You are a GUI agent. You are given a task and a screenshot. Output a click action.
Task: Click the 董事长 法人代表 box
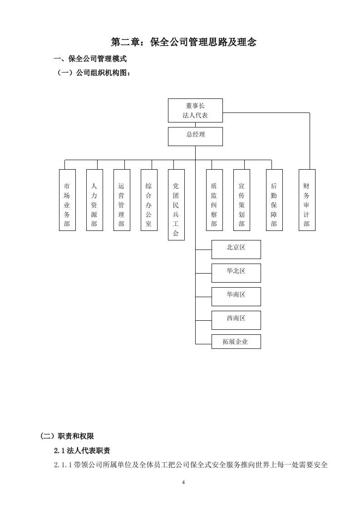pos(195,110)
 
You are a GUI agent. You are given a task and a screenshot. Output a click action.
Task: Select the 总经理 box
pos(195,136)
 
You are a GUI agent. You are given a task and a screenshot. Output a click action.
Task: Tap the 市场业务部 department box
pos(67,200)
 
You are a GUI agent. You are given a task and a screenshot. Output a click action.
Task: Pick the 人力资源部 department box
pos(94,200)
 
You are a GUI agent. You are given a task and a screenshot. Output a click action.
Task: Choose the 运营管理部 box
pos(122,200)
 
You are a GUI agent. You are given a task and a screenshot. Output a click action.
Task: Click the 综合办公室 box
pos(149,200)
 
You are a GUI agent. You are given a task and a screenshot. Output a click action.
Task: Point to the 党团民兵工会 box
pos(176,205)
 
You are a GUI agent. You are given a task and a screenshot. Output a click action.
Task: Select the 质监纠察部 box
pos(214,200)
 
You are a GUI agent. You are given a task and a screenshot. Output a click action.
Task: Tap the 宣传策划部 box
pos(242,200)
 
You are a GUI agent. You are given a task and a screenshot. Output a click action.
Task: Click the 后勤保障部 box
pos(274,200)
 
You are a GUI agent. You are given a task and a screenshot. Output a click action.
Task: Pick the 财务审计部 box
pos(307,200)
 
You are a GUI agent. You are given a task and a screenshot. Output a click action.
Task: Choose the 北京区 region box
pos(236,249)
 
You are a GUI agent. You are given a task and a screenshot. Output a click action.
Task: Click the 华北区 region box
pos(236,273)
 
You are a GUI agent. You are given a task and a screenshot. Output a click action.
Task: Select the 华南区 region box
pos(236,296)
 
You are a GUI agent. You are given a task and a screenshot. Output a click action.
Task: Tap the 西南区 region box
pos(236,320)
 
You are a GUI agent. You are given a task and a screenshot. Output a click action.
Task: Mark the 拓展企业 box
pos(236,342)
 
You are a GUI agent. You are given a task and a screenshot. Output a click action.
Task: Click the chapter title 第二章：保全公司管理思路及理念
pos(184,42)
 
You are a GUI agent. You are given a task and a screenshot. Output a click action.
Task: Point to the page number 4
pos(183,482)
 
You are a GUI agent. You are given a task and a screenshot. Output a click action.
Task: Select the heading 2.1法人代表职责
pos(82,451)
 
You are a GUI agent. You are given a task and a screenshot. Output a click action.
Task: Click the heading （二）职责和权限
pos(67,436)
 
